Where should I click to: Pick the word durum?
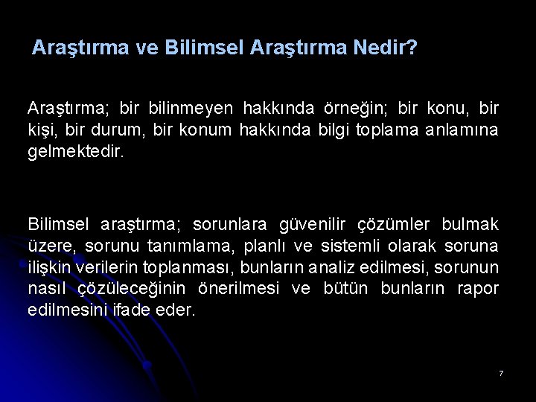[x=118, y=130]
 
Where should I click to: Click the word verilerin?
[x=96, y=267]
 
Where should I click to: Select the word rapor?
[x=477, y=289]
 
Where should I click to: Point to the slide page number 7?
[x=501, y=372]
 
